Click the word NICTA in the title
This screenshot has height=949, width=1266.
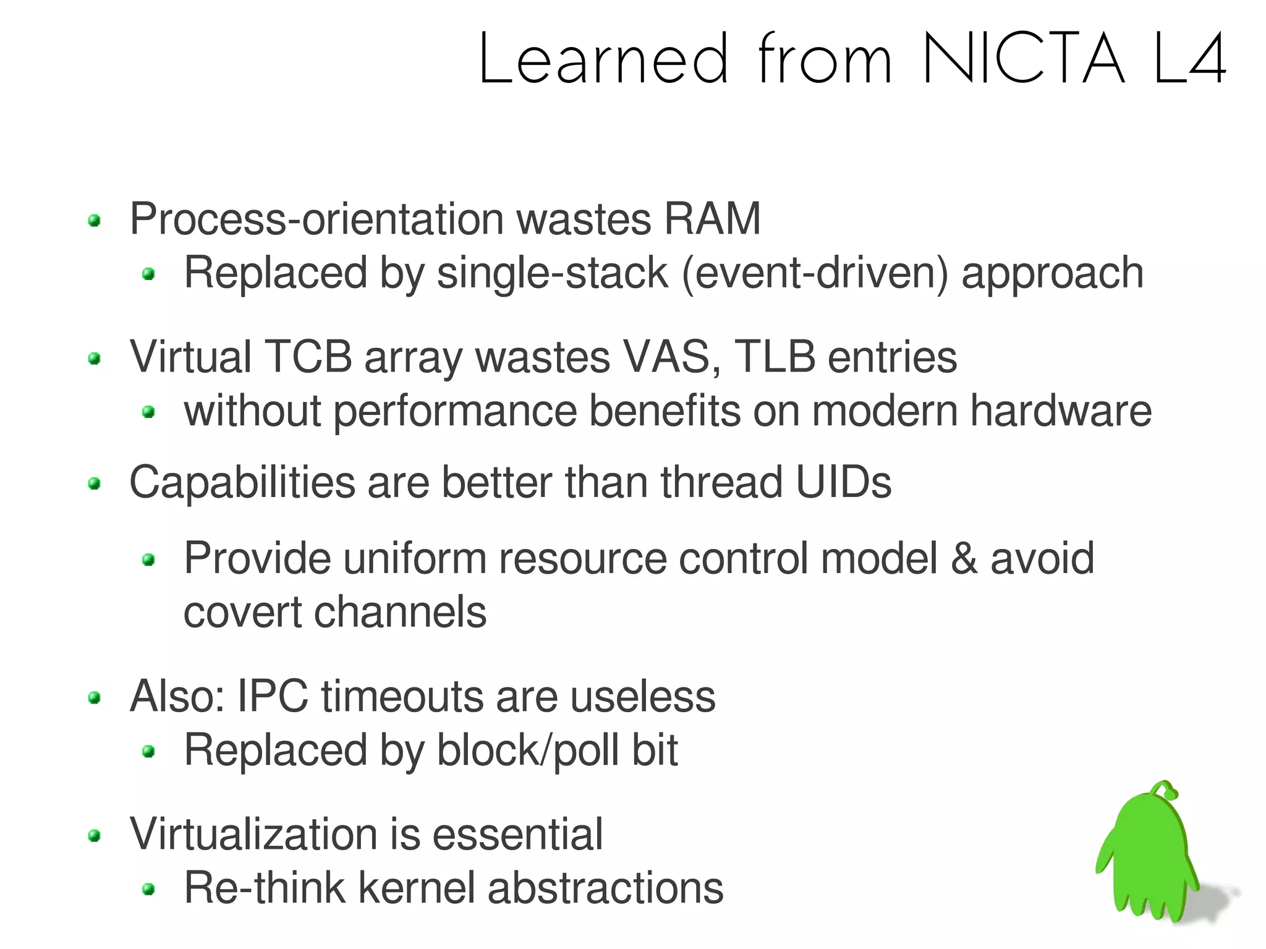1023,59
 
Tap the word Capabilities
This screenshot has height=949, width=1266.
242,483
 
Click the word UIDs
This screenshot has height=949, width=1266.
843,483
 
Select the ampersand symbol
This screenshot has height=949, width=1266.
964,559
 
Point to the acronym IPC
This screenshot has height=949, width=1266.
273,697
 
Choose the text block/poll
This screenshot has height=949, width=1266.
529,751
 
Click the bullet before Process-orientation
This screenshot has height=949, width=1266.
95,221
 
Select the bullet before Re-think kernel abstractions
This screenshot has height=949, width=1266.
148,890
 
